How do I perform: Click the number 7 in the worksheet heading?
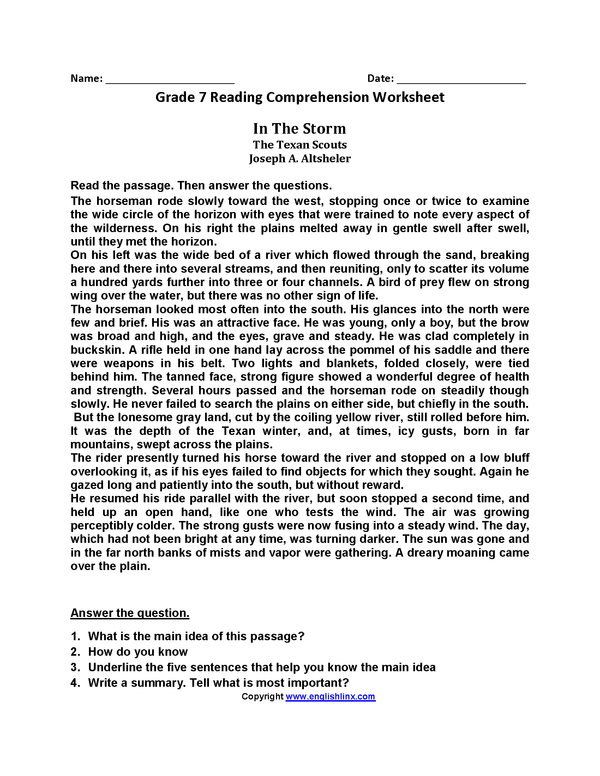click(x=202, y=97)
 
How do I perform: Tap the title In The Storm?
click(x=299, y=129)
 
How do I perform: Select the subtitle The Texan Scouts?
click(x=300, y=145)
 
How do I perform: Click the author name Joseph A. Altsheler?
click(x=300, y=158)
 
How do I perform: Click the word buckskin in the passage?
click(x=97, y=350)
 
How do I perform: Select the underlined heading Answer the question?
click(x=130, y=613)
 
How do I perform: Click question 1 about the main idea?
click(x=196, y=636)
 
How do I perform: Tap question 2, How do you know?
click(x=138, y=651)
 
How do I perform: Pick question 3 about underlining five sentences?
click(x=262, y=667)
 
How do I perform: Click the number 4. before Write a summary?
click(x=76, y=683)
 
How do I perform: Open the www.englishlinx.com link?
click(x=330, y=696)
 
